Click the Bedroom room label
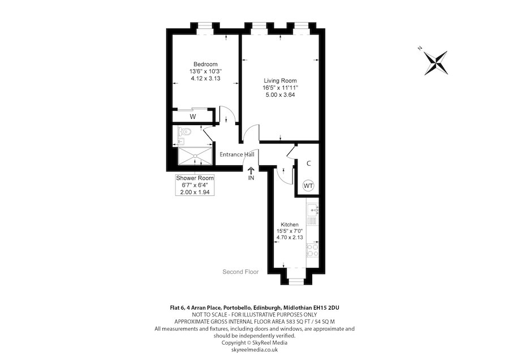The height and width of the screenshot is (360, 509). click(x=205, y=65)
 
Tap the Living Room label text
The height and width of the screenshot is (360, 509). click(x=279, y=81)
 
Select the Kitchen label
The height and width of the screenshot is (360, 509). click(x=289, y=225)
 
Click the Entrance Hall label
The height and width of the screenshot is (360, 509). click(x=236, y=155)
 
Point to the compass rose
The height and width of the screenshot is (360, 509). click(x=436, y=62)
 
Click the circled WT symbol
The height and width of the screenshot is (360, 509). click(x=309, y=185)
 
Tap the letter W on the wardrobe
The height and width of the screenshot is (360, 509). click(x=193, y=117)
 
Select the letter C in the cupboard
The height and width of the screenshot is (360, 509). click(x=309, y=164)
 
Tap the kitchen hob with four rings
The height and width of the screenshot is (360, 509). click(x=313, y=251)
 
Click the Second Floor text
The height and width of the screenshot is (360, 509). click(x=240, y=272)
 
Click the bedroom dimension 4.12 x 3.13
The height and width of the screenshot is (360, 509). click(x=205, y=79)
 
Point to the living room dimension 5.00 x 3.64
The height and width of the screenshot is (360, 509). click(x=279, y=95)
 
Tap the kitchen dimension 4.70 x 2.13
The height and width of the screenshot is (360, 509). click(x=289, y=238)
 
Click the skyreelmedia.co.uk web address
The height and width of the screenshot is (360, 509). click(x=254, y=350)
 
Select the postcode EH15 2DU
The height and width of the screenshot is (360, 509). click(x=325, y=307)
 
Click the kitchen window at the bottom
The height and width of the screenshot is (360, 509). click(x=296, y=280)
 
